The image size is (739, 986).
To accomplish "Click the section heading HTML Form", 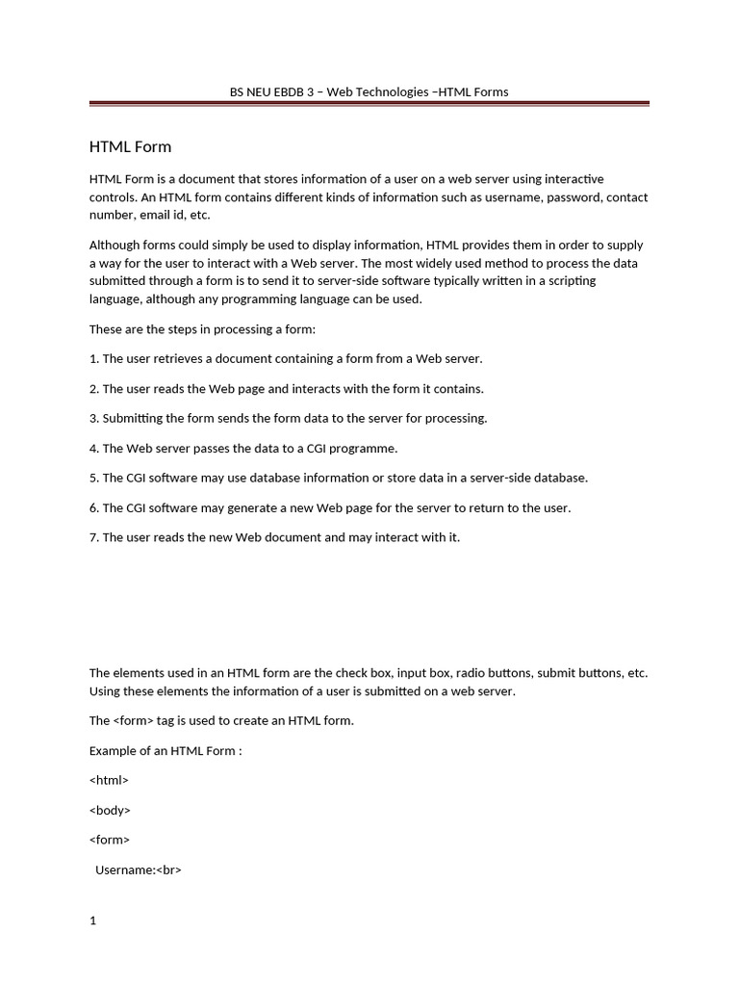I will (130, 147).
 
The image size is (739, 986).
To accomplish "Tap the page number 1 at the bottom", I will (93, 921).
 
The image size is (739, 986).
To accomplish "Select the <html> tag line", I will (109, 780).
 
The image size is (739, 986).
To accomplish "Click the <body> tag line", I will (110, 810).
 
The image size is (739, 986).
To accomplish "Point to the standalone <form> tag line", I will (110, 840).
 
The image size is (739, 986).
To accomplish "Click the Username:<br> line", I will (139, 869).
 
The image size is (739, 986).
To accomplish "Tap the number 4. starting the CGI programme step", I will (94, 448).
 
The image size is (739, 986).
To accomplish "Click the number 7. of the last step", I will (94, 537).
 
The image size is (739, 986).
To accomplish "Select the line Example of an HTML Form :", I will (166, 750).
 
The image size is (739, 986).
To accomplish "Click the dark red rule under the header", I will (369, 104).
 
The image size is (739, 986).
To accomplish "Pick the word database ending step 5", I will (559, 478).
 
